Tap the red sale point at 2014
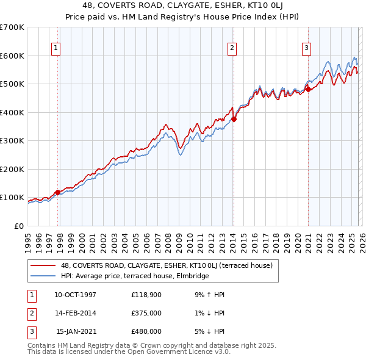234,120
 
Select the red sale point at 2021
308,89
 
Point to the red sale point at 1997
58,192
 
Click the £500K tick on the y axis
12,84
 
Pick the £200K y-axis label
12,169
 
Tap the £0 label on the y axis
18,226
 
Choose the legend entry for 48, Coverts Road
170,265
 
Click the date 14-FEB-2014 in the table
75,313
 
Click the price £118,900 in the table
146,295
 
